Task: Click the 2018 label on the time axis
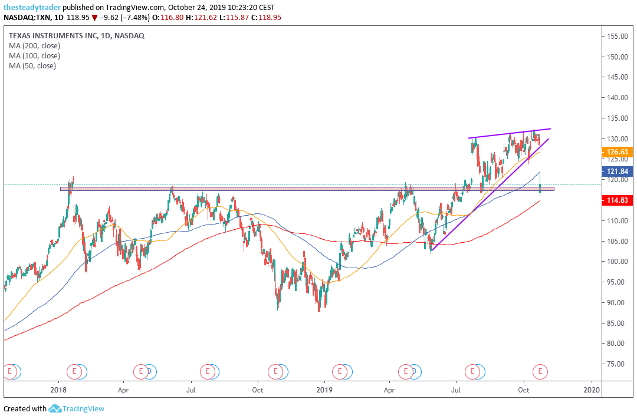click(58, 390)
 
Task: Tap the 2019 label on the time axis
click(325, 390)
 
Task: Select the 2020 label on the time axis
click(592, 390)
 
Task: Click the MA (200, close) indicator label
click(34, 46)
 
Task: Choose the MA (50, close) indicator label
click(32, 66)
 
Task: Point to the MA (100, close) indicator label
click(34, 56)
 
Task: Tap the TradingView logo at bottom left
click(76, 408)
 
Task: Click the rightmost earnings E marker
click(540, 371)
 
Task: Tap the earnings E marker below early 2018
click(74, 371)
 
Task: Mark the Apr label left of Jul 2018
click(123, 390)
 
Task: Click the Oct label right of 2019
click(524, 390)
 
